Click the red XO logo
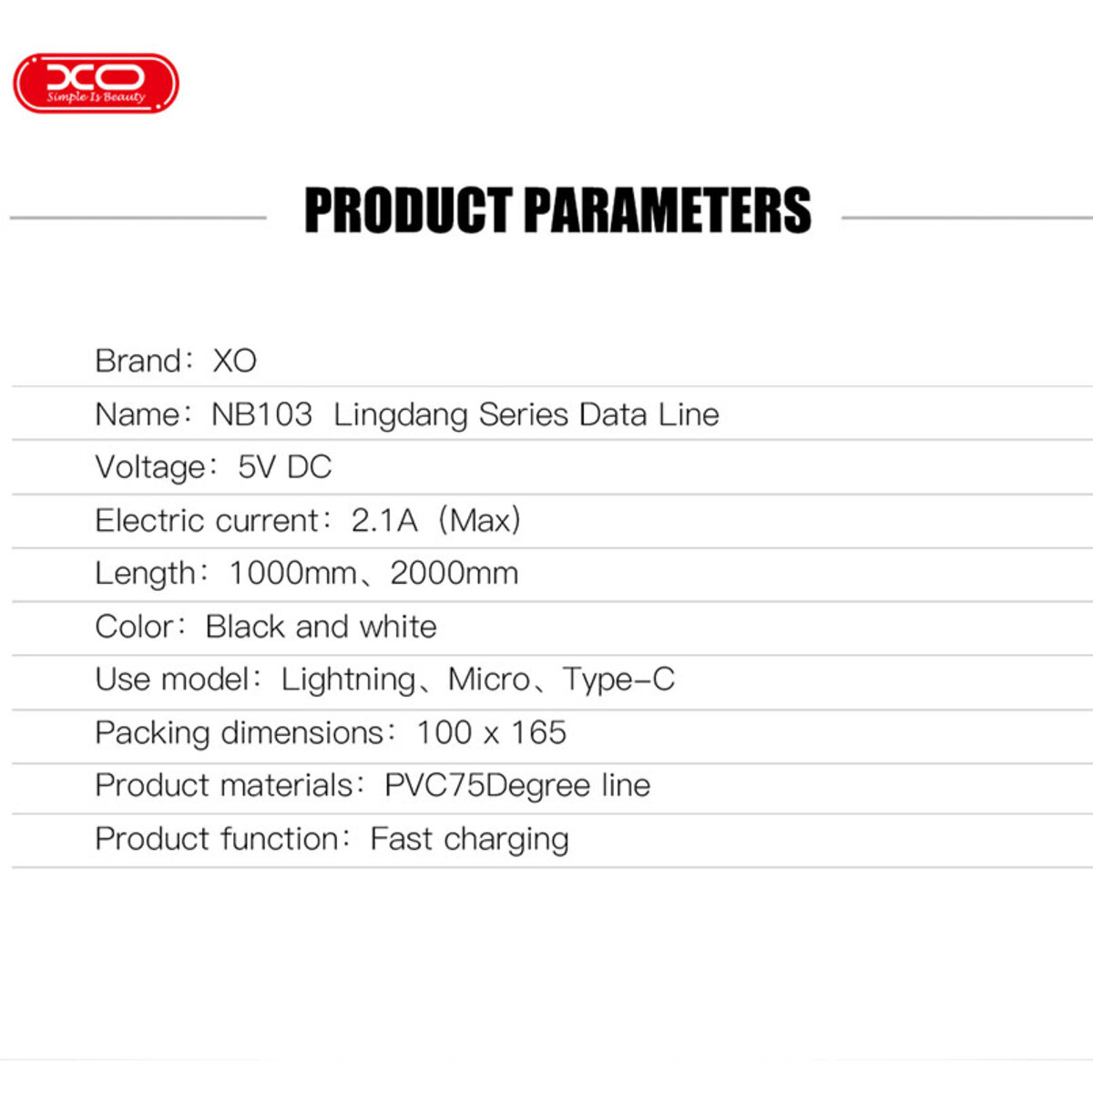coord(96,83)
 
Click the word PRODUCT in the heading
coord(407,210)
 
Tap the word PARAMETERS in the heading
coord(667,210)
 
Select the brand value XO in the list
coord(234,362)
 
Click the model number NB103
coord(261,414)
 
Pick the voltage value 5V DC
coord(284,467)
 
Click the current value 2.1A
coord(383,521)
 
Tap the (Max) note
coord(479,521)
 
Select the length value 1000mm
coord(292,574)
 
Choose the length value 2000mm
coord(454,574)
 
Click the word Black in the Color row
coord(245,627)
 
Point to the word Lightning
coord(348,680)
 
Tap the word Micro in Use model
coord(488,679)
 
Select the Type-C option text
coord(618,679)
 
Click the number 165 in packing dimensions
coord(538,733)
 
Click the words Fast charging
coord(469,840)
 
